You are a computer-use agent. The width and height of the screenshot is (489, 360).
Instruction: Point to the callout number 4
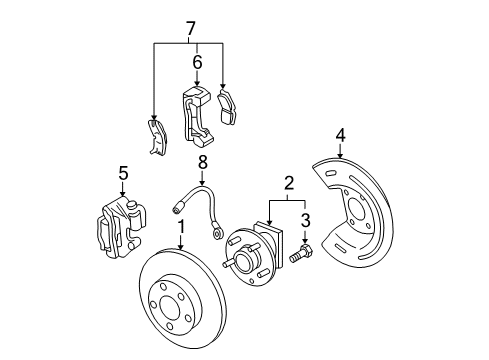click(340, 134)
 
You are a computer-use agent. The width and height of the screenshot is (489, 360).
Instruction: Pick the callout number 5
click(123, 173)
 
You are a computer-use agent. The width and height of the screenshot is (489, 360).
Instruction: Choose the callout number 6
click(197, 63)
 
